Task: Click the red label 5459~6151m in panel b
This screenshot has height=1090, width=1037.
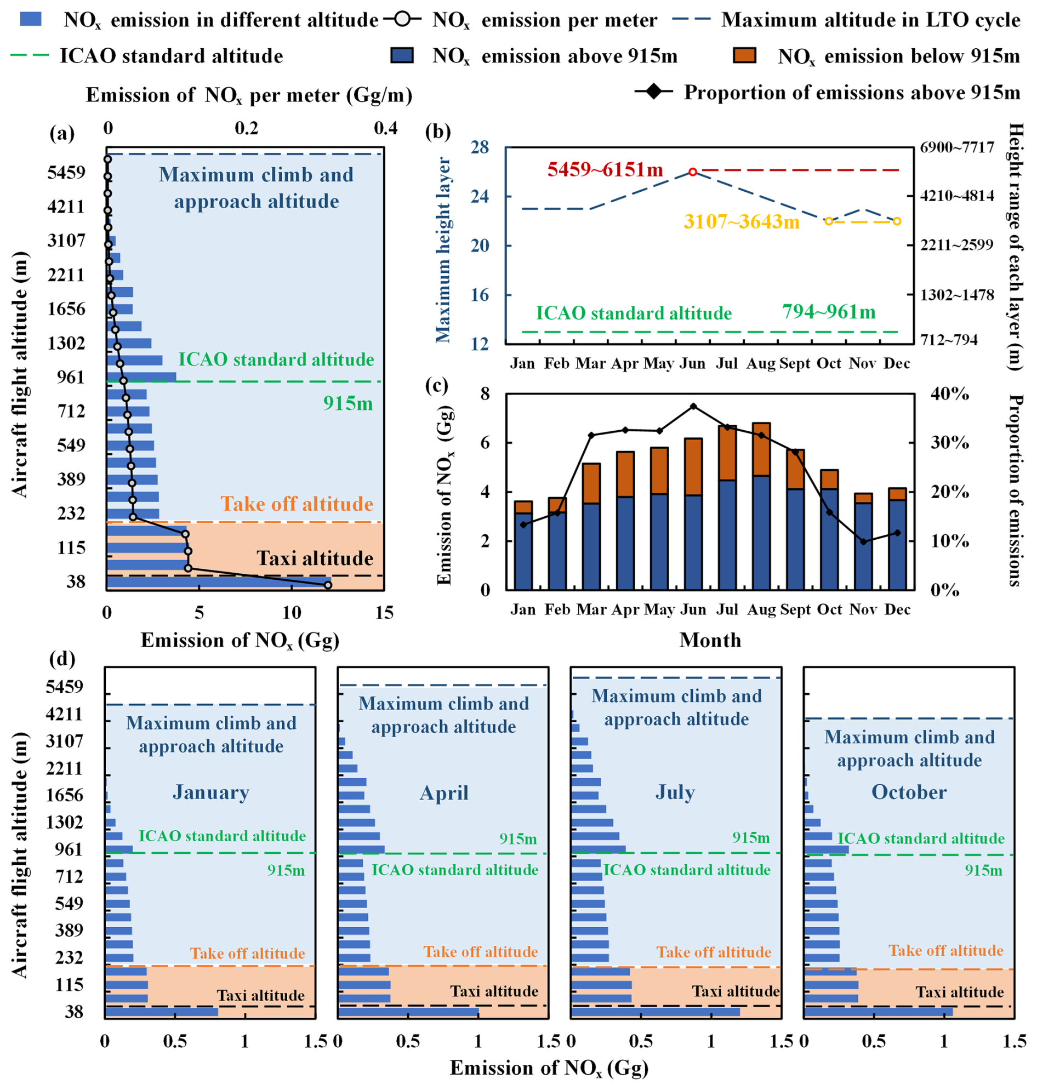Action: (605, 169)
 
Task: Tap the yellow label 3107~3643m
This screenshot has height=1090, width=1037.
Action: (741, 221)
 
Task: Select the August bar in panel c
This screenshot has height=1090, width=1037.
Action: (761, 506)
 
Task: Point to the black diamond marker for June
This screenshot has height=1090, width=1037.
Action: (693, 406)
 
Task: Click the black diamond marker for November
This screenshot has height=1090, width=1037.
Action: (863, 541)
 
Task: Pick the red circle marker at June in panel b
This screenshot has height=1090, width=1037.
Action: (693, 172)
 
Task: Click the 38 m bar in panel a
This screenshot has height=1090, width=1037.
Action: (219, 581)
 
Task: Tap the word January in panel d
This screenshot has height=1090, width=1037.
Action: (211, 792)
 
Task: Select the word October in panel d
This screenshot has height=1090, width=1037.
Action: (909, 792)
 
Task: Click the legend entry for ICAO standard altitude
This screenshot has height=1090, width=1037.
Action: (172, 56)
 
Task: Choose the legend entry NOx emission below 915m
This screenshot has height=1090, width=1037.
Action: (898, 56)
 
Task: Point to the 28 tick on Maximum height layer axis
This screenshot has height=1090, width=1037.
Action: (480, 147)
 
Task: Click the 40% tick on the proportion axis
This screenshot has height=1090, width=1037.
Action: (950, 394)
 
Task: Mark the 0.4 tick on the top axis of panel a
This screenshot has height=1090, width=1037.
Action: (385, 129)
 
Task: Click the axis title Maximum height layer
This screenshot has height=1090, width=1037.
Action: (443, 250)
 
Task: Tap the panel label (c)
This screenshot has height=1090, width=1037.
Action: (437, 385)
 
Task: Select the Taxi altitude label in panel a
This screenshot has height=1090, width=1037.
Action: (315, 558)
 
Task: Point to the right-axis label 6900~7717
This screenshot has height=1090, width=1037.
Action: (956, 147)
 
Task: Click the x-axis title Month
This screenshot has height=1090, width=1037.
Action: (710, 640)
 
